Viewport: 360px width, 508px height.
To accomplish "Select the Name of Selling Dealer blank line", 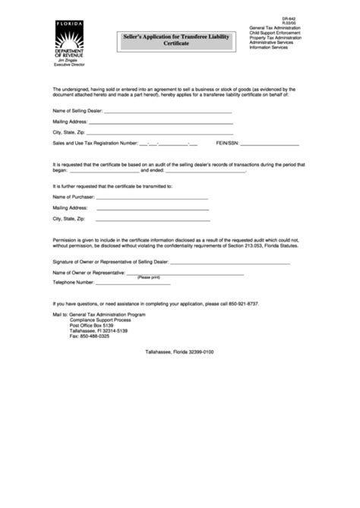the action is (x=168, y=110).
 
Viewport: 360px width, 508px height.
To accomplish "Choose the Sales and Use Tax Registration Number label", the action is (x=95, y=142).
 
